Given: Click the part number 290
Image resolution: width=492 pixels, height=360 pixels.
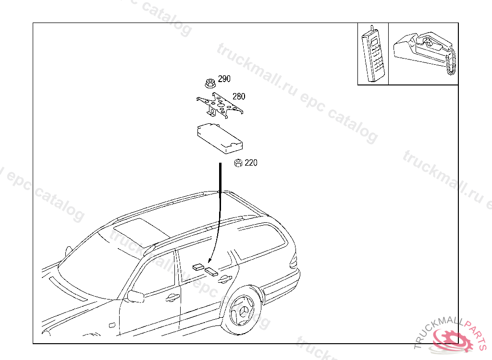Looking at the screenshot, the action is click(x=224, y=79).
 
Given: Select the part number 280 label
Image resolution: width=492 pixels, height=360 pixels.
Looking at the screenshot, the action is click(x=239, y=96).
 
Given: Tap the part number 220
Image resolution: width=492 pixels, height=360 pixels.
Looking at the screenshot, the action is click(x=251, y=163).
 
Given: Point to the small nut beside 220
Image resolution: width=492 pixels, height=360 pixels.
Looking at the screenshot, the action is click(x=237, y=163).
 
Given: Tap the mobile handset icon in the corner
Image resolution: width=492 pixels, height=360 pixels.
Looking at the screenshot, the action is click(x=374, y=54).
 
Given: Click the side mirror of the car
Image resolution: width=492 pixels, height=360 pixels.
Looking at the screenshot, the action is click(x=135, y=296).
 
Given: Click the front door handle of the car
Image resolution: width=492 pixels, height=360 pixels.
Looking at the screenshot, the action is click(x=171, y=299).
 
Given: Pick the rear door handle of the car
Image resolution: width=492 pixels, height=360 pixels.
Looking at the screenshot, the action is click(x=224, y=280).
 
